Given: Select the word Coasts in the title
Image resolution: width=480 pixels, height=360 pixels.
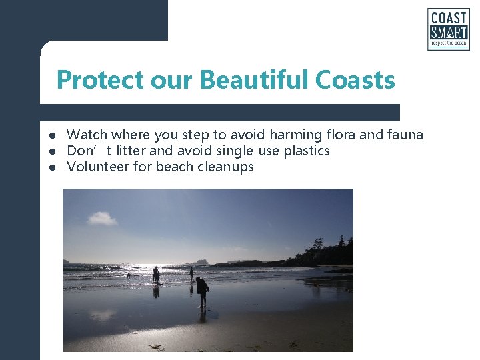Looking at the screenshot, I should pos(355,80).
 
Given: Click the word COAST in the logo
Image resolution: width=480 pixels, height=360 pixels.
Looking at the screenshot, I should pos(449,18).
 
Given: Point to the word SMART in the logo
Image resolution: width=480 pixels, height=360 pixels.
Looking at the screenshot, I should pos(449,32).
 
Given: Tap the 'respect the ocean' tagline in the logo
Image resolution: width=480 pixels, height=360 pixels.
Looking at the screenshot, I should pos(449,43).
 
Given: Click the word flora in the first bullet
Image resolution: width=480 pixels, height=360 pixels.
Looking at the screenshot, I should pos(341,135).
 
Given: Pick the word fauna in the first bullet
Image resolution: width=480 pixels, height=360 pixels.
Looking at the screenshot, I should pos(405,135).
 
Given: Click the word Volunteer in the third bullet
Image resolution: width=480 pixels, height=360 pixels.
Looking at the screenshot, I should pos(98,167).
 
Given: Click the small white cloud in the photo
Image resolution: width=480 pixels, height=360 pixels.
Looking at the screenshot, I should pos(103,218).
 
